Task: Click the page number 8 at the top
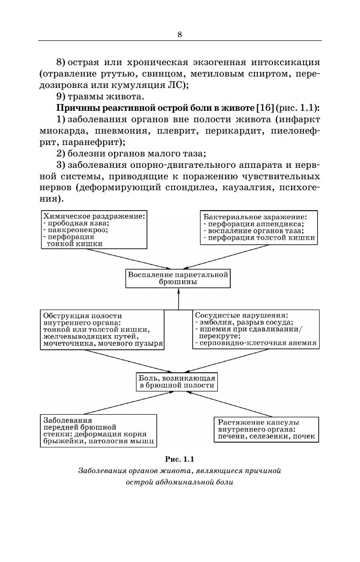180,34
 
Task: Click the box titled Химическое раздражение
94,229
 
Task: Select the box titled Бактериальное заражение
259,227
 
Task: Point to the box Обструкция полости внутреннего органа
103,329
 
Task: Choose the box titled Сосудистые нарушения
255,329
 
